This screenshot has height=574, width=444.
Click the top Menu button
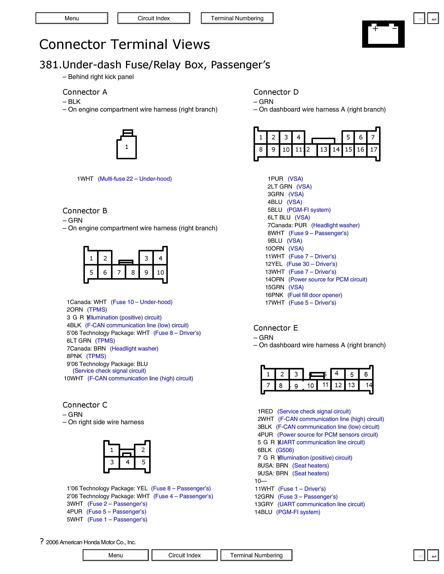click(x=72, y=18)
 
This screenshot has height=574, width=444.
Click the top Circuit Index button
click(x=154, y=18)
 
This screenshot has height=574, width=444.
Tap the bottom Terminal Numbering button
click(x=256, y=555)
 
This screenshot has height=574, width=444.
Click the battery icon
click(x=383, y=34)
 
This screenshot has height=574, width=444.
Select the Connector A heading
click(x=85, y=92)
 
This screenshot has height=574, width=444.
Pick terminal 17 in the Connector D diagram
click(x=373, y=150)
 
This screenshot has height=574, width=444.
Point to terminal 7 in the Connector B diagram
click(x=119, y=273)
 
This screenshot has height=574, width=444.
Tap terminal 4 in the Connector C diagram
click(x=128, y=462)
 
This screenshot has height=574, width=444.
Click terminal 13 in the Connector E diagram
click(x=351, y=385)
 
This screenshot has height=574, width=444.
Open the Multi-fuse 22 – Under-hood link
click(x=135, y=179)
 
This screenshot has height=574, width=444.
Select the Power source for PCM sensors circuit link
click(x=328, y=435)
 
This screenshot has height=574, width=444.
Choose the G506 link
click(x=285, y=450)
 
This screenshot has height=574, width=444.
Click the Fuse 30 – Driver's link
click(x=312, y=264)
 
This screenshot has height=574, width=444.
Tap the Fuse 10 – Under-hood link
click(x=141, y=302)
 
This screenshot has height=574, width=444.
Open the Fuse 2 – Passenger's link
click(x=117, y=504)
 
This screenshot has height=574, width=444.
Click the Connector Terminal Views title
click(x=125, y=44)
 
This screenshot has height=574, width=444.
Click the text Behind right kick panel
click(x=101, y=77)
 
